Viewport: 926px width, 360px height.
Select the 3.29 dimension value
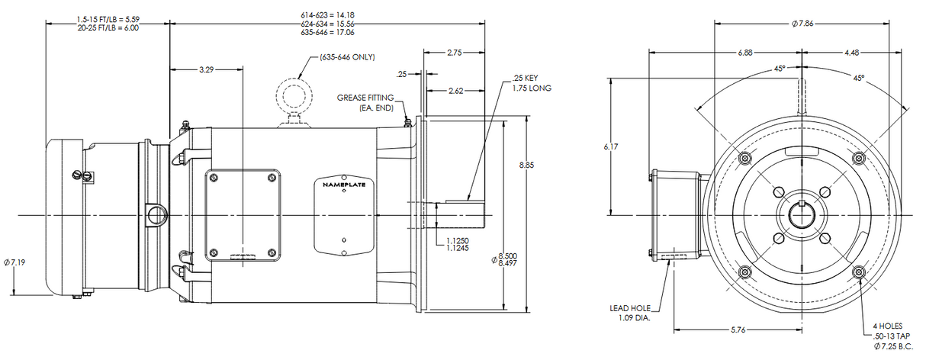[x=206, y=69]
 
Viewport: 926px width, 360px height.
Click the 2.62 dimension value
[x=456, y=91]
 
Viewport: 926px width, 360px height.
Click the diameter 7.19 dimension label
[x=16, y=262]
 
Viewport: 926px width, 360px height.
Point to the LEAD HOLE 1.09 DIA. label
[x=630, y=313]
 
